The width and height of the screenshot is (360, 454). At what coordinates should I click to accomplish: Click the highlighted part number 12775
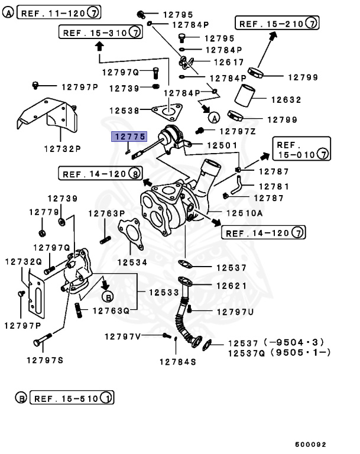tap(129, 137)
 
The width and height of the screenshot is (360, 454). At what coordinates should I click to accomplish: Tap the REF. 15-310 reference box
tap(100, 32)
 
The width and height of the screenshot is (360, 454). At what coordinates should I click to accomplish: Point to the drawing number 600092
tap(311, 444)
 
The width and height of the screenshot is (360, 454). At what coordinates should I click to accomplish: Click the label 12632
tap(286, 100)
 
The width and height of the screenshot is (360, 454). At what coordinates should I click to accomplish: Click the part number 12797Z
tap(238, 131)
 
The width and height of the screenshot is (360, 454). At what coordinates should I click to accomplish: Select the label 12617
tap(228, 61)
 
